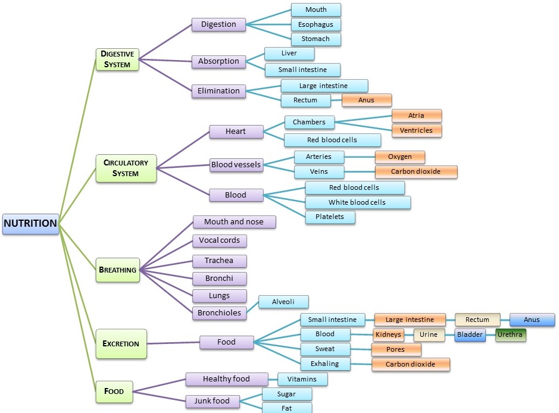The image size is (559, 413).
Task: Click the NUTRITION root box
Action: pos(30,224)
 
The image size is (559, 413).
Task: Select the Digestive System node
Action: pos(117,59)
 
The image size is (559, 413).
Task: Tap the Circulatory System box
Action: pos(126,168)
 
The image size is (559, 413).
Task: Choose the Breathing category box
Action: pos(118,270)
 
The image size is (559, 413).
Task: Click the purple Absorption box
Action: pos(218,61)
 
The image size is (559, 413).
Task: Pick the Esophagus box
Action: pos(316,24)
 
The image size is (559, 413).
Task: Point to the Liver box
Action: pos(289,54)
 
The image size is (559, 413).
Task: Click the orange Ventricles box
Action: pos(416,130)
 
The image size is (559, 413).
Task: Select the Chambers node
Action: pos(309,122)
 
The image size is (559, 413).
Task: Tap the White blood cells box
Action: pos(357,202)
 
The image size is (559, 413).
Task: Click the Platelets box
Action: pos(330,217)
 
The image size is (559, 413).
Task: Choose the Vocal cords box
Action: pos(219,240)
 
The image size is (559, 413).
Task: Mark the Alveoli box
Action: pos(283,302)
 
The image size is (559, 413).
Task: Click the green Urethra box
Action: pos(510,334)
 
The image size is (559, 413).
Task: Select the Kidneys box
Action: pos(388,334)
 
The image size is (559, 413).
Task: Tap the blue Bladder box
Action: pos(470,334)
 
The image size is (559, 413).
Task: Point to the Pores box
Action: pos(396,349)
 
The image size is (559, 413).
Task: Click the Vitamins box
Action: pos(302,379)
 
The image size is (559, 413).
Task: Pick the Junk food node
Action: pos(212,401)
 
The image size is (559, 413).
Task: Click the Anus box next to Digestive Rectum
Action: pos(366,100)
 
